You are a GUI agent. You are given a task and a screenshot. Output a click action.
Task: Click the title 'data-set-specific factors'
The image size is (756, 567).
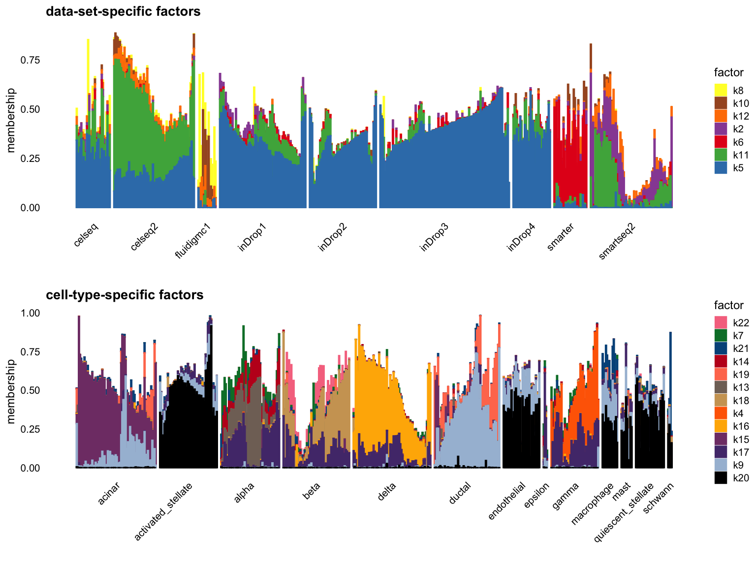click(x=123, y=11)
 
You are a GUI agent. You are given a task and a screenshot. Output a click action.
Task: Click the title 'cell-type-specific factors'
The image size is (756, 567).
click(x=125, y=295)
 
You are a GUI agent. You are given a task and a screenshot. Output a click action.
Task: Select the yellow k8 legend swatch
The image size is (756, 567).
click(x=721, y=90)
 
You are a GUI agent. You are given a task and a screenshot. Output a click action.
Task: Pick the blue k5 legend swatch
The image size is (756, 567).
click(x=721, y=168)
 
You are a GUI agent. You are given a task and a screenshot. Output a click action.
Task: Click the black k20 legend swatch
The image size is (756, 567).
click(x=721, y=478)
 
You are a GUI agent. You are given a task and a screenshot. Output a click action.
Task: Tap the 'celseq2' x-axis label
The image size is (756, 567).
click(x=145, y=236)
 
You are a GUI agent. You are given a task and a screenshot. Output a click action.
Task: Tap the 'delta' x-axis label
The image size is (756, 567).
click(x=387, y=491)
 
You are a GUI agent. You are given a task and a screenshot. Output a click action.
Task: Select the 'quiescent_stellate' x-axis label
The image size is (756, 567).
click(x=624, y=512)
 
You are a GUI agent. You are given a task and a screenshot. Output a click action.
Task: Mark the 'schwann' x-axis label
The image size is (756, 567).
click(x=659, y=498)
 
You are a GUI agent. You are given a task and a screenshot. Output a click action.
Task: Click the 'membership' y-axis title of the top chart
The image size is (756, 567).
click(x=11, y=120)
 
